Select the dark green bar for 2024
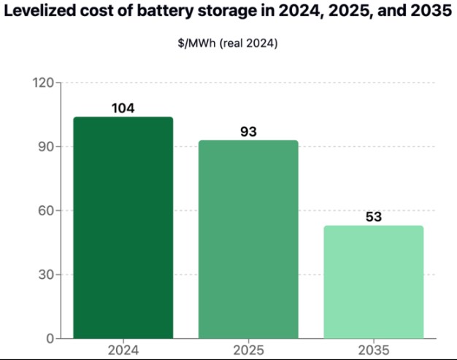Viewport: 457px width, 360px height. pos(123,228)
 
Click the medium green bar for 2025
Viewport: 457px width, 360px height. pos(248,240)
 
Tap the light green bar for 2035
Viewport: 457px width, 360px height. pos(374,282)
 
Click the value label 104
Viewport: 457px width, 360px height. pos(123,108)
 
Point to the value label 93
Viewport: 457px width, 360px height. pos(248,131)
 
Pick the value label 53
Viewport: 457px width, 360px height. pos(374,217)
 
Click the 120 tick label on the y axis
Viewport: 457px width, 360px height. pos(43,83)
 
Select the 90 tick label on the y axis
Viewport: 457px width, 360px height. pos(46,147)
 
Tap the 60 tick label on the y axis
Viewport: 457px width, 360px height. pos(46,210)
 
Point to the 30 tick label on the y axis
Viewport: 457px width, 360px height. pos(46,275)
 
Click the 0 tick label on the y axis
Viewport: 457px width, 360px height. pos(50,339)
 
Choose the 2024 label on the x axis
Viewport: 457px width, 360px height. pos(123,350)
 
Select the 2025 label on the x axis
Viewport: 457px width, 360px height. pos(248,350)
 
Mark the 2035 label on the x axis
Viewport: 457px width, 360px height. pos(374,350)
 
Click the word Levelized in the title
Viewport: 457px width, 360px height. pos(40,10)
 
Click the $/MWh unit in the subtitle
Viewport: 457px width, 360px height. pos(196,43)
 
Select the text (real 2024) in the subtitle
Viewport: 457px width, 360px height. pos(249,43)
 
